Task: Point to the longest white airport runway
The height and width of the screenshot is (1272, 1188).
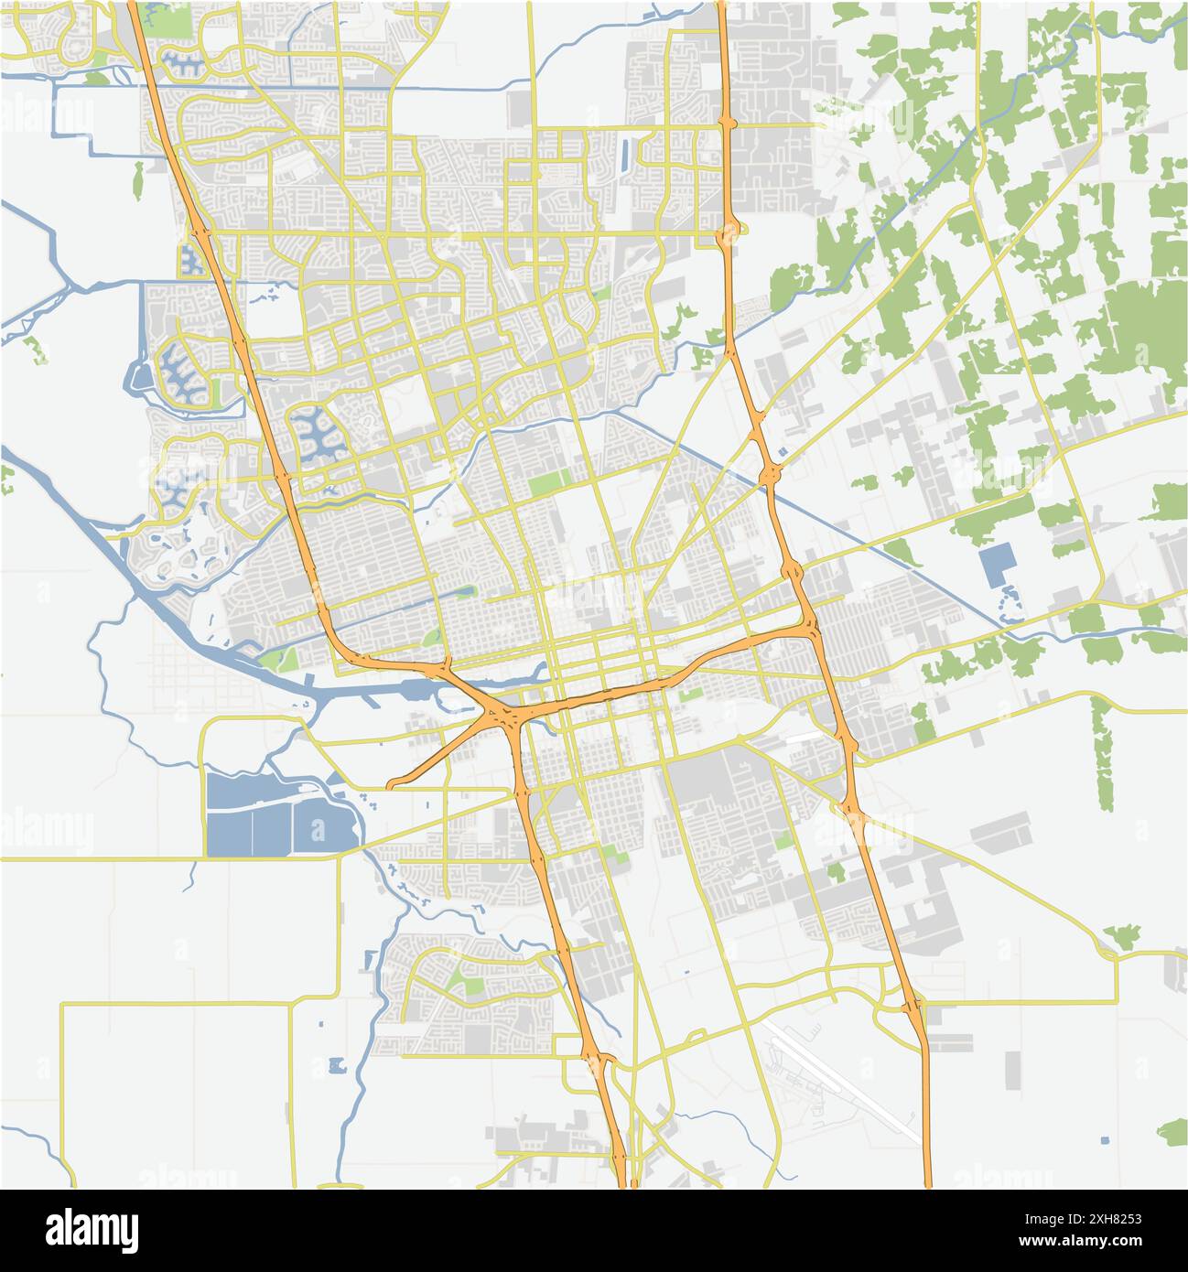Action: [x=847, y=1084]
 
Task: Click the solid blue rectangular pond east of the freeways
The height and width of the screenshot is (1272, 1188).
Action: [x=996, y=566]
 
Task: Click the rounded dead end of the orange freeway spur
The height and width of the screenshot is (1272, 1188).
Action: [x=392, y=784]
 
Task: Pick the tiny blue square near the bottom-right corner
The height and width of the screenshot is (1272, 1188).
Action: [x=1104, y=1140]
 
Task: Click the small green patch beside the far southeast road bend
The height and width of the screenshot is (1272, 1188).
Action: [x=1122, y=935]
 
